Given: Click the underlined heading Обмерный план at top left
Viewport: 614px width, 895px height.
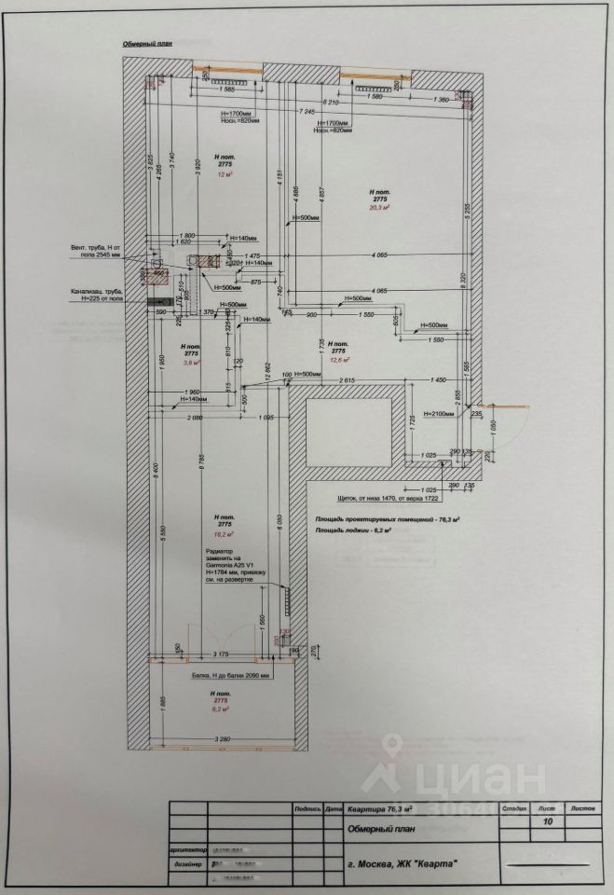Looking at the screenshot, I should [x=148, y=44].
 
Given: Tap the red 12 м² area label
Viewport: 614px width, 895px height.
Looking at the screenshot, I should [x=224, y=174].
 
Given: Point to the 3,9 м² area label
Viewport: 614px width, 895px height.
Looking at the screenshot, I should [x=191, y=364].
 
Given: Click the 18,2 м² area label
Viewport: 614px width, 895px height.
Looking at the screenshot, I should [x=224, y=534].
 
